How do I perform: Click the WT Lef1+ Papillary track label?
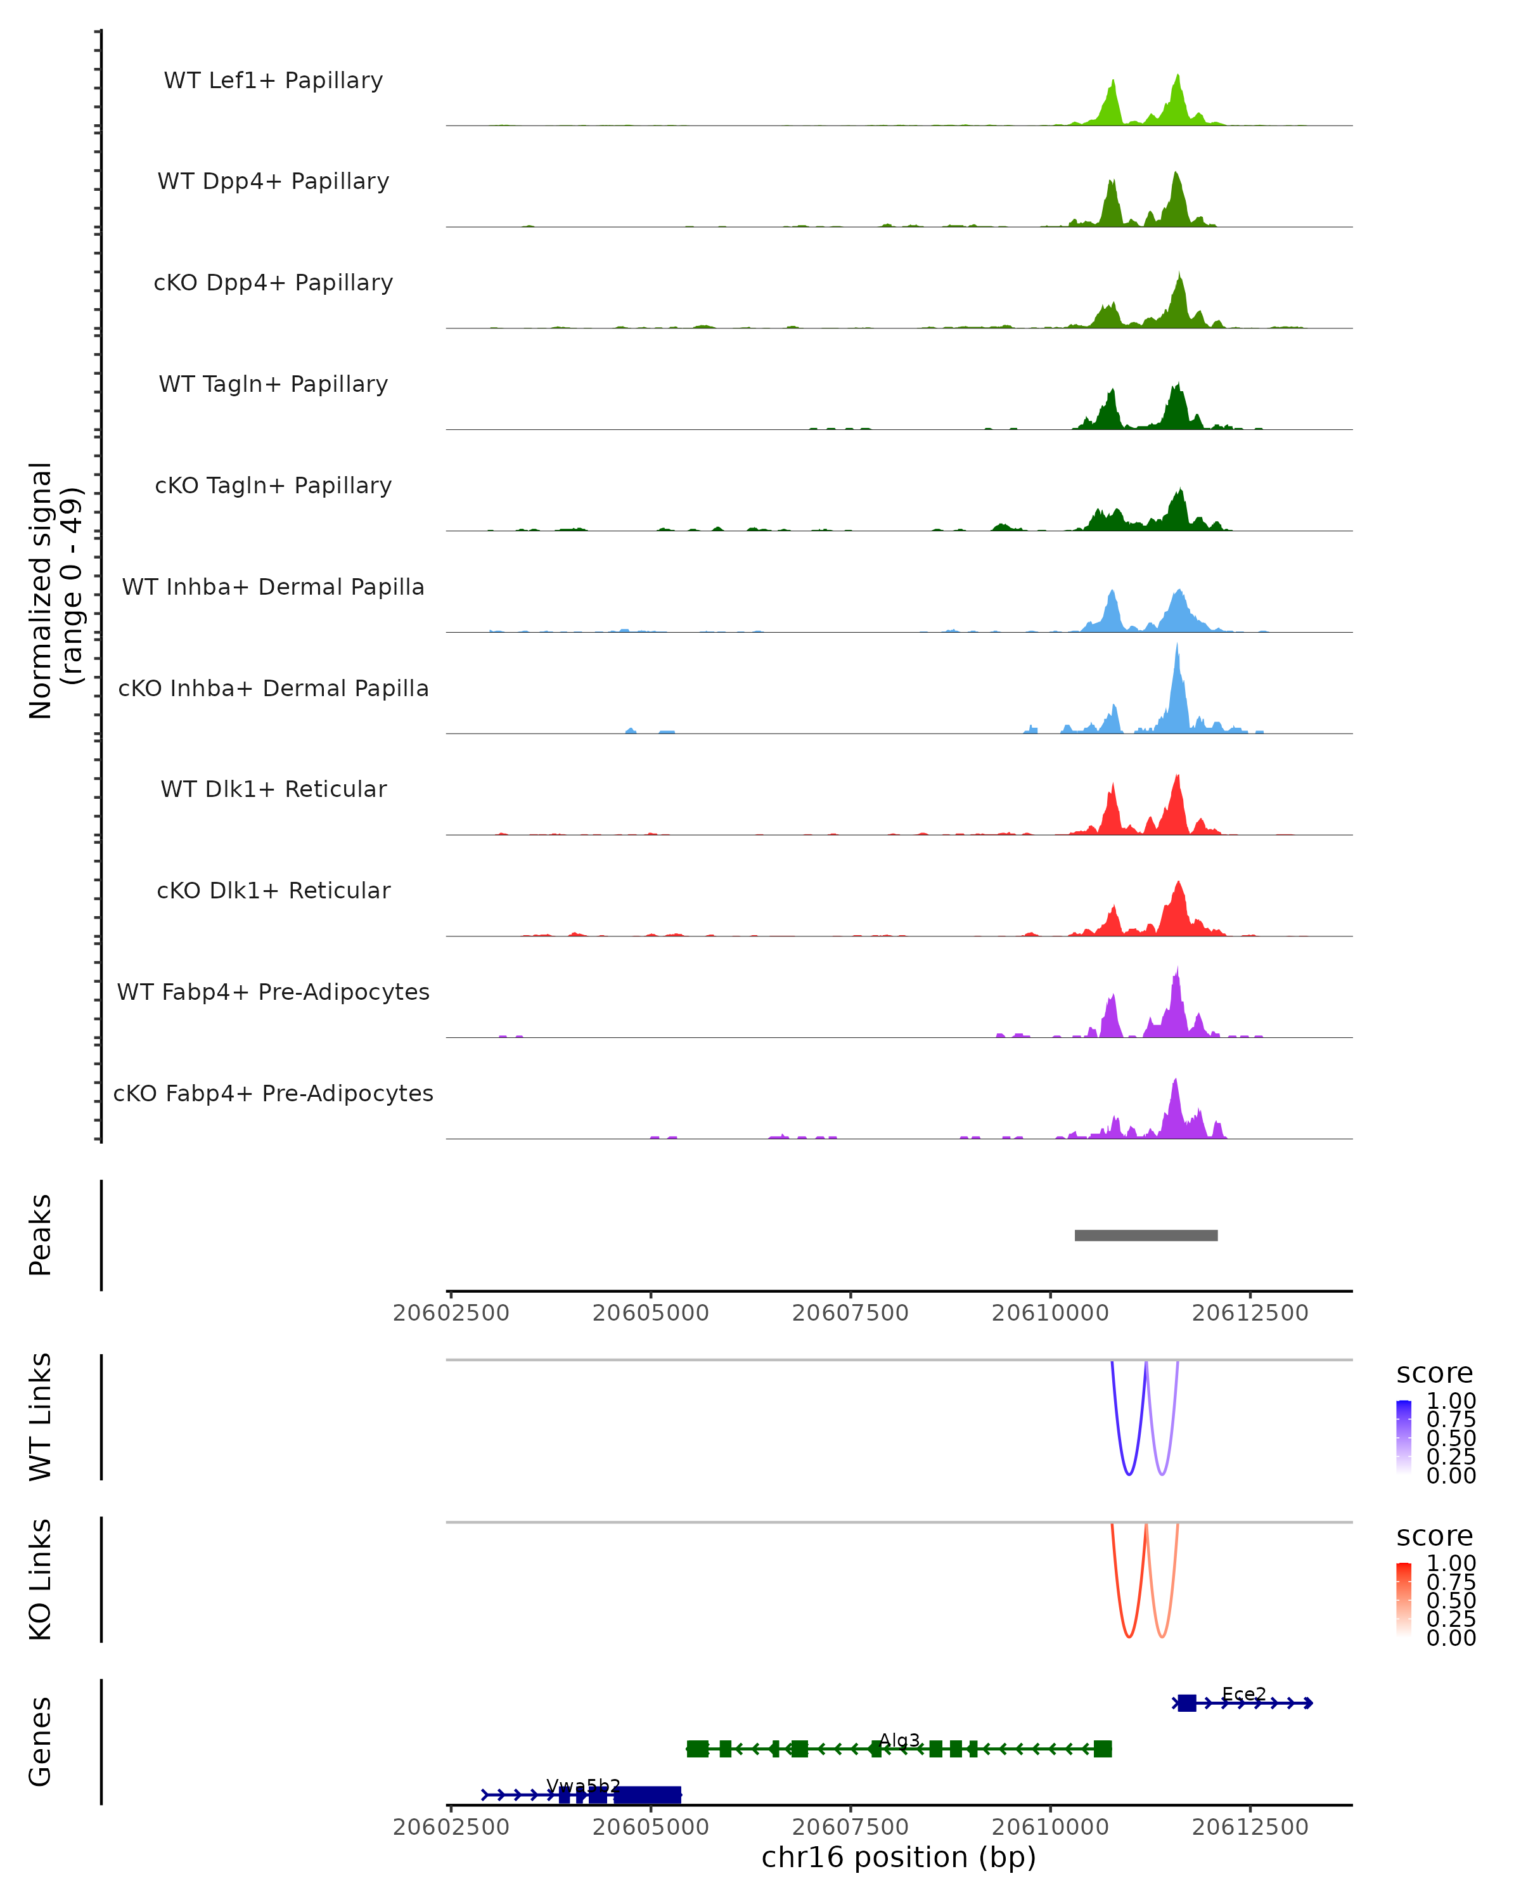point(273,81)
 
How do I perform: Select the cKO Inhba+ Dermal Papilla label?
point(273,688)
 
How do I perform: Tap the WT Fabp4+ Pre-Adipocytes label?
point(273,992)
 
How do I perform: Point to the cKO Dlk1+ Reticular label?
point(273,890)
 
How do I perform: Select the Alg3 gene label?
point(899,1740)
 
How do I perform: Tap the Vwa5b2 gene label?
point(583,1785)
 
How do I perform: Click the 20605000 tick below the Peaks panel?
point(651,1313)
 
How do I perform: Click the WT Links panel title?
point(41,1416)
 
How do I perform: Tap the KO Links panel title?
point(41,1579)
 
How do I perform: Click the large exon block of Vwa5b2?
point(648,1794)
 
